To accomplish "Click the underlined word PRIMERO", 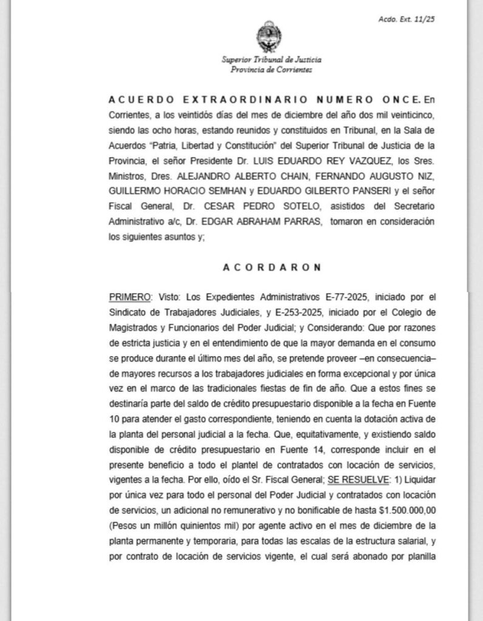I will click(128, 297).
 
